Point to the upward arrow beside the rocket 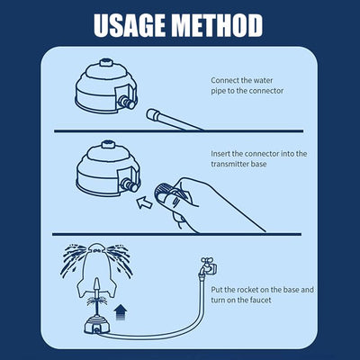click(x=121, y=312)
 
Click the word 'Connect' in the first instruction click(x=225, y=79)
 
